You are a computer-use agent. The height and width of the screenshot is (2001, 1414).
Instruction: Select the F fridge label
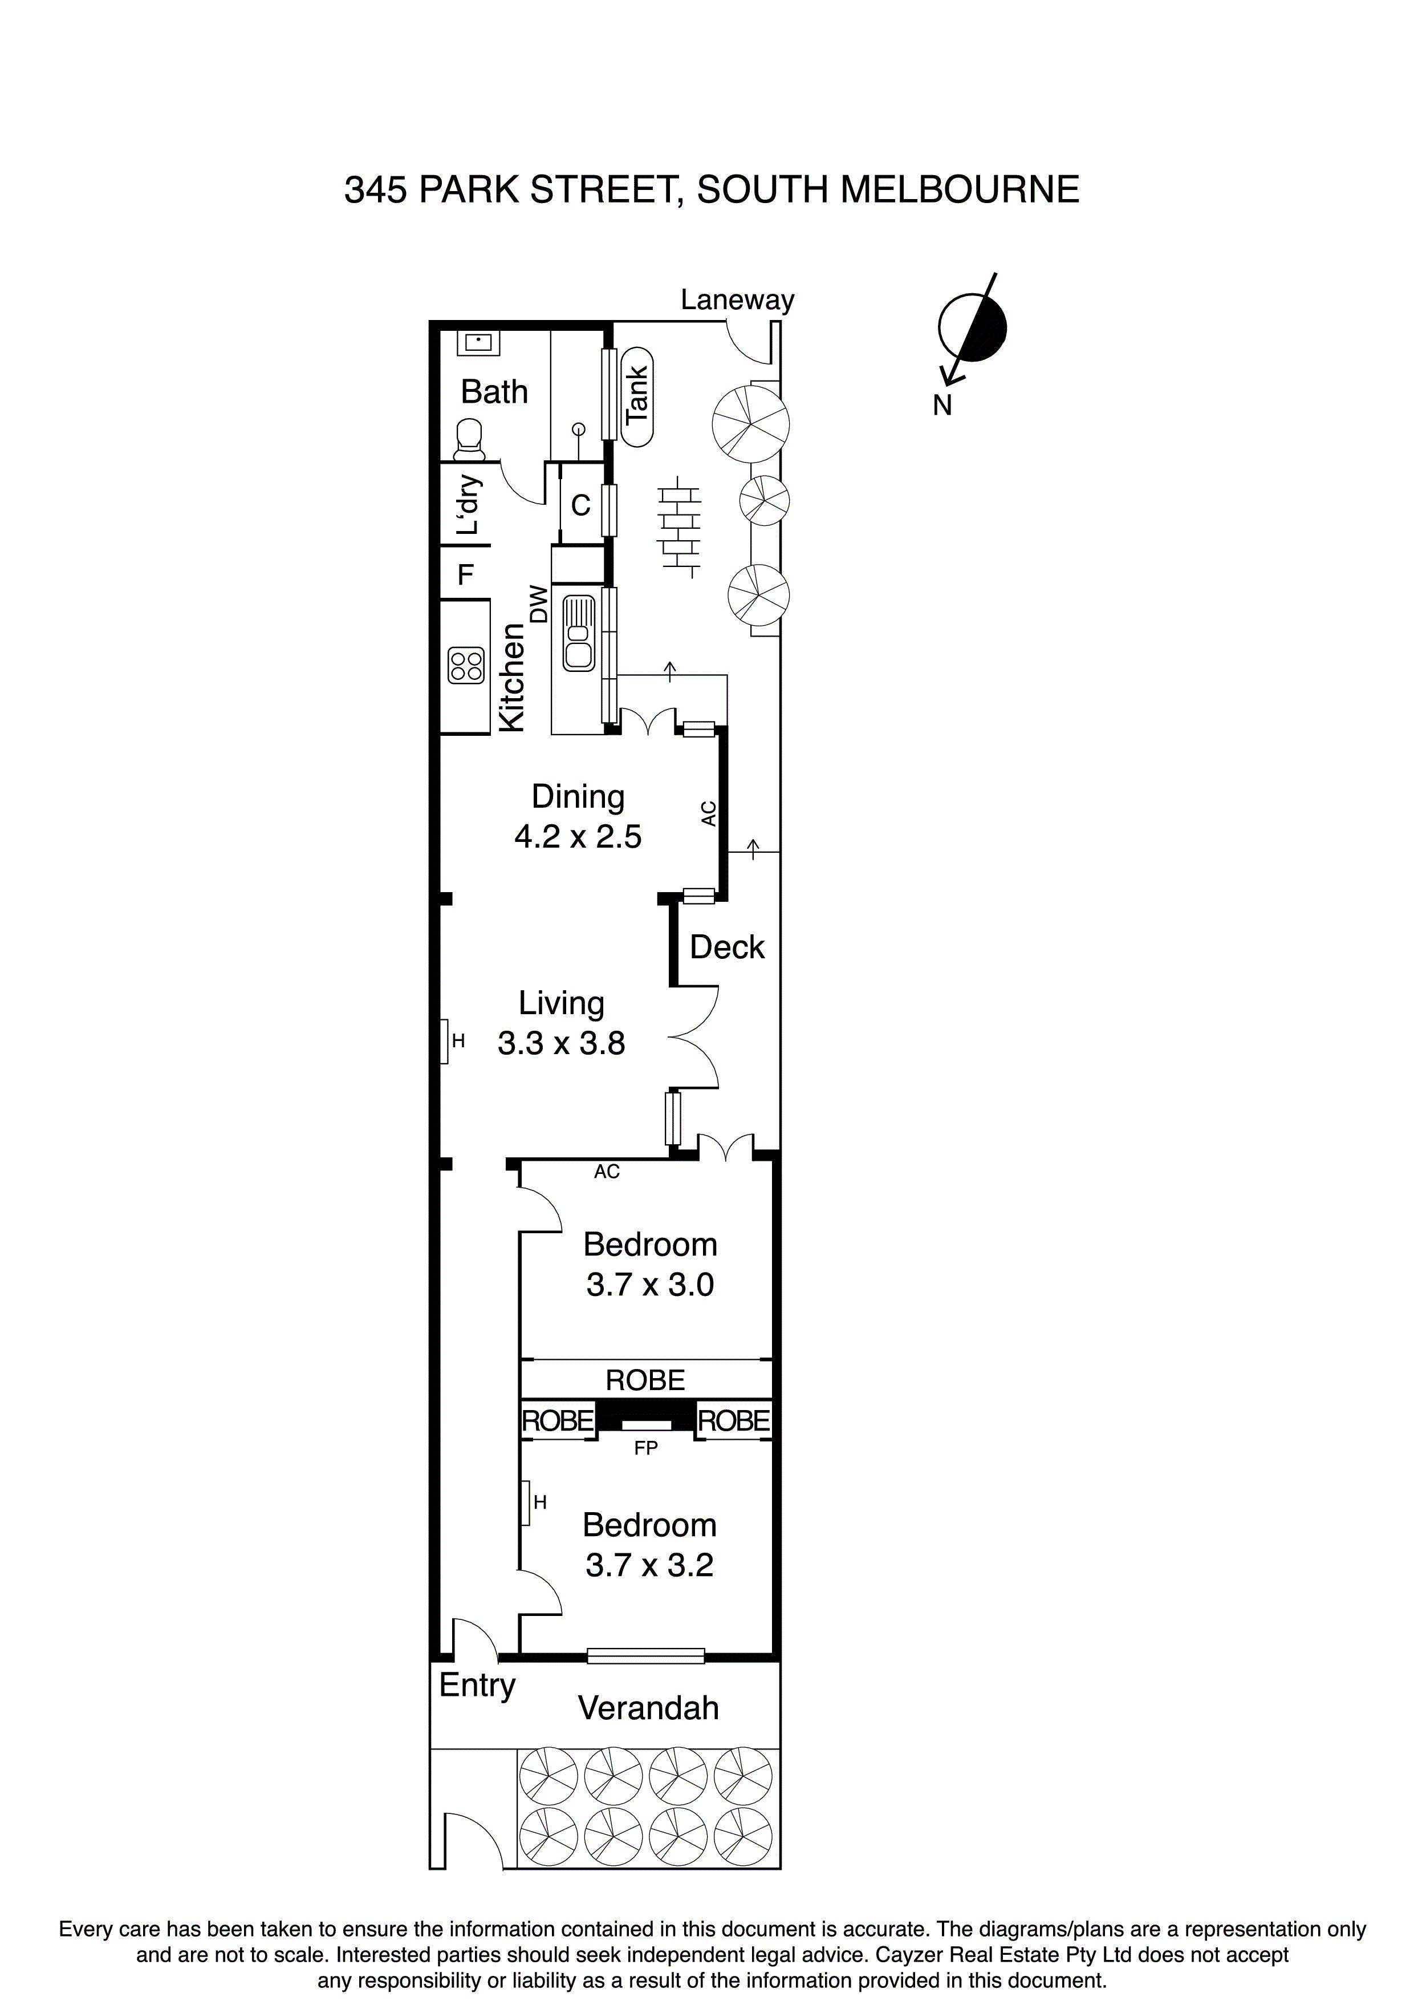[465, 575]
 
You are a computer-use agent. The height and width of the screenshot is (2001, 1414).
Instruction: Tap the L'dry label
[468, 505]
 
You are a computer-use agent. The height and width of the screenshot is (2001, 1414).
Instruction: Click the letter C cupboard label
[580, 505]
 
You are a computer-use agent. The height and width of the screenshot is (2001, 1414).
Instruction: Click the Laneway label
[737, 300]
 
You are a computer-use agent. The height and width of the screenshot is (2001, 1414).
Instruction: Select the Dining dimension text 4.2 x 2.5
[578, 837]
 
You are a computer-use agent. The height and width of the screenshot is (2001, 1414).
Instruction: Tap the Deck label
[726, 947]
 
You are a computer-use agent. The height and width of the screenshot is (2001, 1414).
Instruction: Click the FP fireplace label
[645, 1448]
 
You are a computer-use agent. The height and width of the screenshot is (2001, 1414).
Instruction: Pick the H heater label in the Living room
[458, 1040]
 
